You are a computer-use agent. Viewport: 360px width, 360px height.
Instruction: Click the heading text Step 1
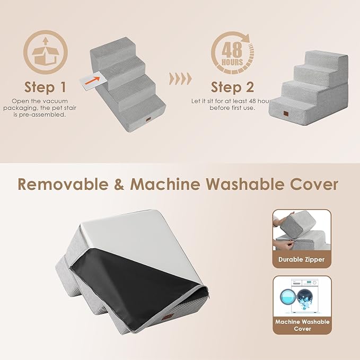[45, 87]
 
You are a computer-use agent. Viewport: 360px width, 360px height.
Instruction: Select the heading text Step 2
[232, 87]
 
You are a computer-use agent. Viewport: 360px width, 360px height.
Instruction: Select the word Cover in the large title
[315, 184]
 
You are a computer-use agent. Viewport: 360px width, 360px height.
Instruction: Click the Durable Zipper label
[302, 260]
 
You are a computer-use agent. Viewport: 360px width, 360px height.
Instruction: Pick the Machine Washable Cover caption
[302, 325]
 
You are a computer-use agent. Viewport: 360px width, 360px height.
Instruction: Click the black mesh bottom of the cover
[133, 276]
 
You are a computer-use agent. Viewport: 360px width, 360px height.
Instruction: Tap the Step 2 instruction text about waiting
[231, 104]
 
